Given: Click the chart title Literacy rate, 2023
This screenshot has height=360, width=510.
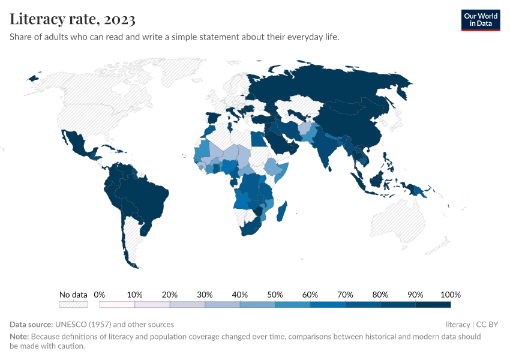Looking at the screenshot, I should (72, 20).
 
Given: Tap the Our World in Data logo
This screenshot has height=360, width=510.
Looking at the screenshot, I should (481, 20).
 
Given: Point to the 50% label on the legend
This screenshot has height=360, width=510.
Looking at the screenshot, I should (275, 295).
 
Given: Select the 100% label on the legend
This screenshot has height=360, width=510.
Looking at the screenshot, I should (450, 295).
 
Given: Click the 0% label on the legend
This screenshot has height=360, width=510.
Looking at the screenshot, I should (100, 295).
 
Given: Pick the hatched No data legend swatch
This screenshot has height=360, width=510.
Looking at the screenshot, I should (73, 305).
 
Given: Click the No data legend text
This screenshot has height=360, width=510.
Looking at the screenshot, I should (73, 295).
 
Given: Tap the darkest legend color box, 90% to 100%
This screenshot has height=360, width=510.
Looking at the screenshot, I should (433, 305).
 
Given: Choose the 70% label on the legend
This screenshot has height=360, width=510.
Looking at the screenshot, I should (345, 295).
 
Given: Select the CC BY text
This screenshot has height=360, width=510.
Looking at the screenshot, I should (487, 325).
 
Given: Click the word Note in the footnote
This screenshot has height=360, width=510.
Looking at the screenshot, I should (19, 337).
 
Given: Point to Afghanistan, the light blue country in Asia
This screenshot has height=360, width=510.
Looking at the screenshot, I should (305, 130).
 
